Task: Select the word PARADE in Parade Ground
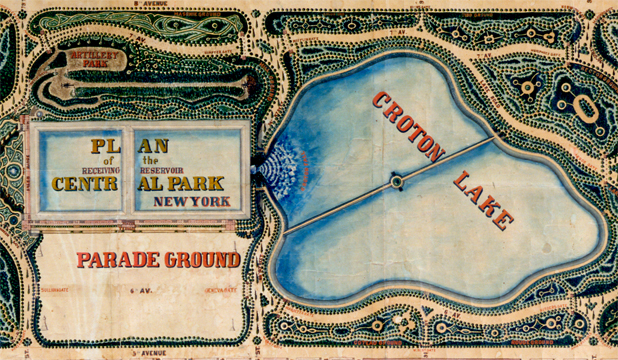click(x=118, y=261)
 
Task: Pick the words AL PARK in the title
click(x=184, y=184)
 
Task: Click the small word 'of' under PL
click(x=112, y=160)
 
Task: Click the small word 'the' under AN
click(x=152, y=160)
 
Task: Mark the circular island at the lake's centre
click(x=397, y=181)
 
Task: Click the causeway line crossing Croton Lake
click(x=340, y=204)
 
